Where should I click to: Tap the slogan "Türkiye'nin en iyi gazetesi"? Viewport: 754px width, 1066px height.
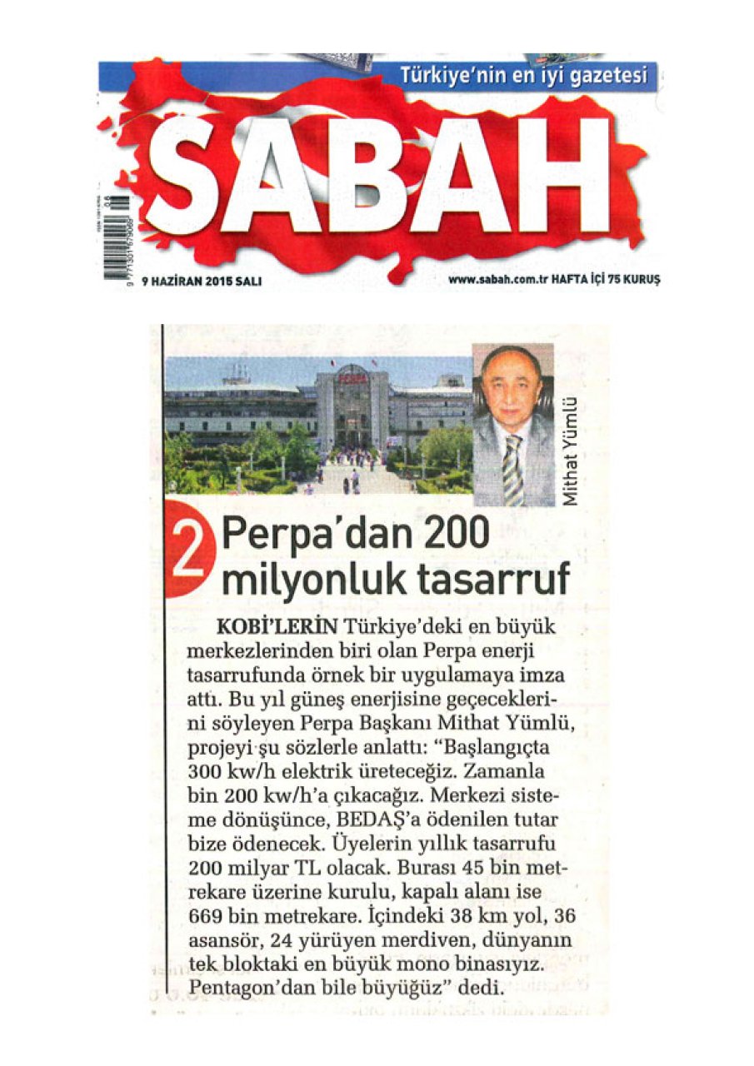(523, 76)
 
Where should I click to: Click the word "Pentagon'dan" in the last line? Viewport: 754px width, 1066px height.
(243, 989)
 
